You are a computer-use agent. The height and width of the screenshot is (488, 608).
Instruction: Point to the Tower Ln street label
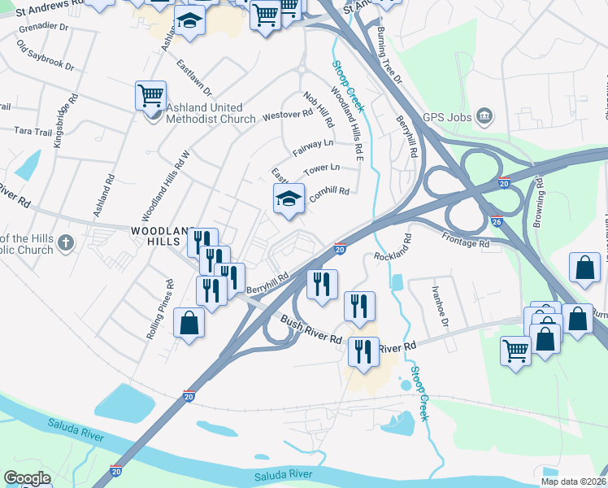click(321, 169)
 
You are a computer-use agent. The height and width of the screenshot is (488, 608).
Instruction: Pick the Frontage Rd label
click(466, 240)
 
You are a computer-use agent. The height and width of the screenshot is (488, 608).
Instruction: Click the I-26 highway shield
click(497, 220)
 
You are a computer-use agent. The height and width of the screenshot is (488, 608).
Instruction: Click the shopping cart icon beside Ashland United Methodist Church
click(150, 95)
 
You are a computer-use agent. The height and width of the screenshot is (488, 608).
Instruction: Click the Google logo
click(28, 478)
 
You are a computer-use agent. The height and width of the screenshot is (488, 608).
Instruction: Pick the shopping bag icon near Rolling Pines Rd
click(189, 323)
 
